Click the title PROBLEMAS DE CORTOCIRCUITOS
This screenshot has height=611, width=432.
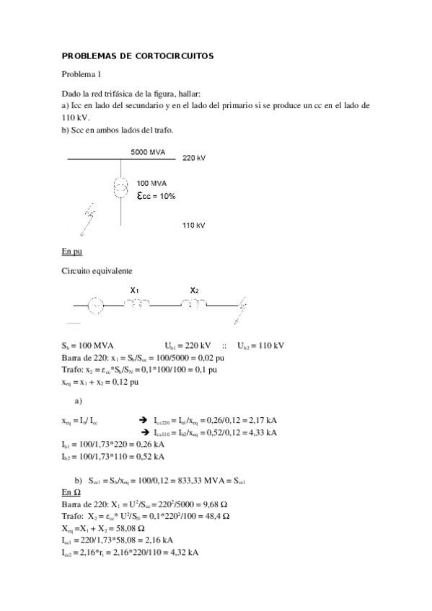pyautogui.click(x=138, y=55)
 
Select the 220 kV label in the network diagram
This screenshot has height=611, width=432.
pyautogui.click(x=194, y=157)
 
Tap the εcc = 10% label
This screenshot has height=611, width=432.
pyautogui.click(x=156, y=195)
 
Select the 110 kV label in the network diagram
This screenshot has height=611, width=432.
pyautogui.click(x=194, y=226)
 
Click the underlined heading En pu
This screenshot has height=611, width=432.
pyautogui.click(x=72, y=251)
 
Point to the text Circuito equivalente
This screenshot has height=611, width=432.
pyautogui.click(x=97, y=270)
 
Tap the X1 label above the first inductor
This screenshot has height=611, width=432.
pyautogui.click(x=134, y=290)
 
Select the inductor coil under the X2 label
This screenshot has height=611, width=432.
pyautogui.click(x=193, y=305)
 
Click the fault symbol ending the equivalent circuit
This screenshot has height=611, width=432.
pyautogui.click(x=243, y=307)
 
